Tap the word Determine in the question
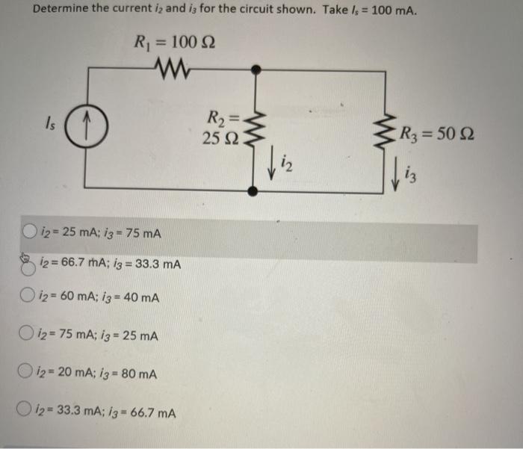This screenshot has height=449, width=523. (x=62, y=12)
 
